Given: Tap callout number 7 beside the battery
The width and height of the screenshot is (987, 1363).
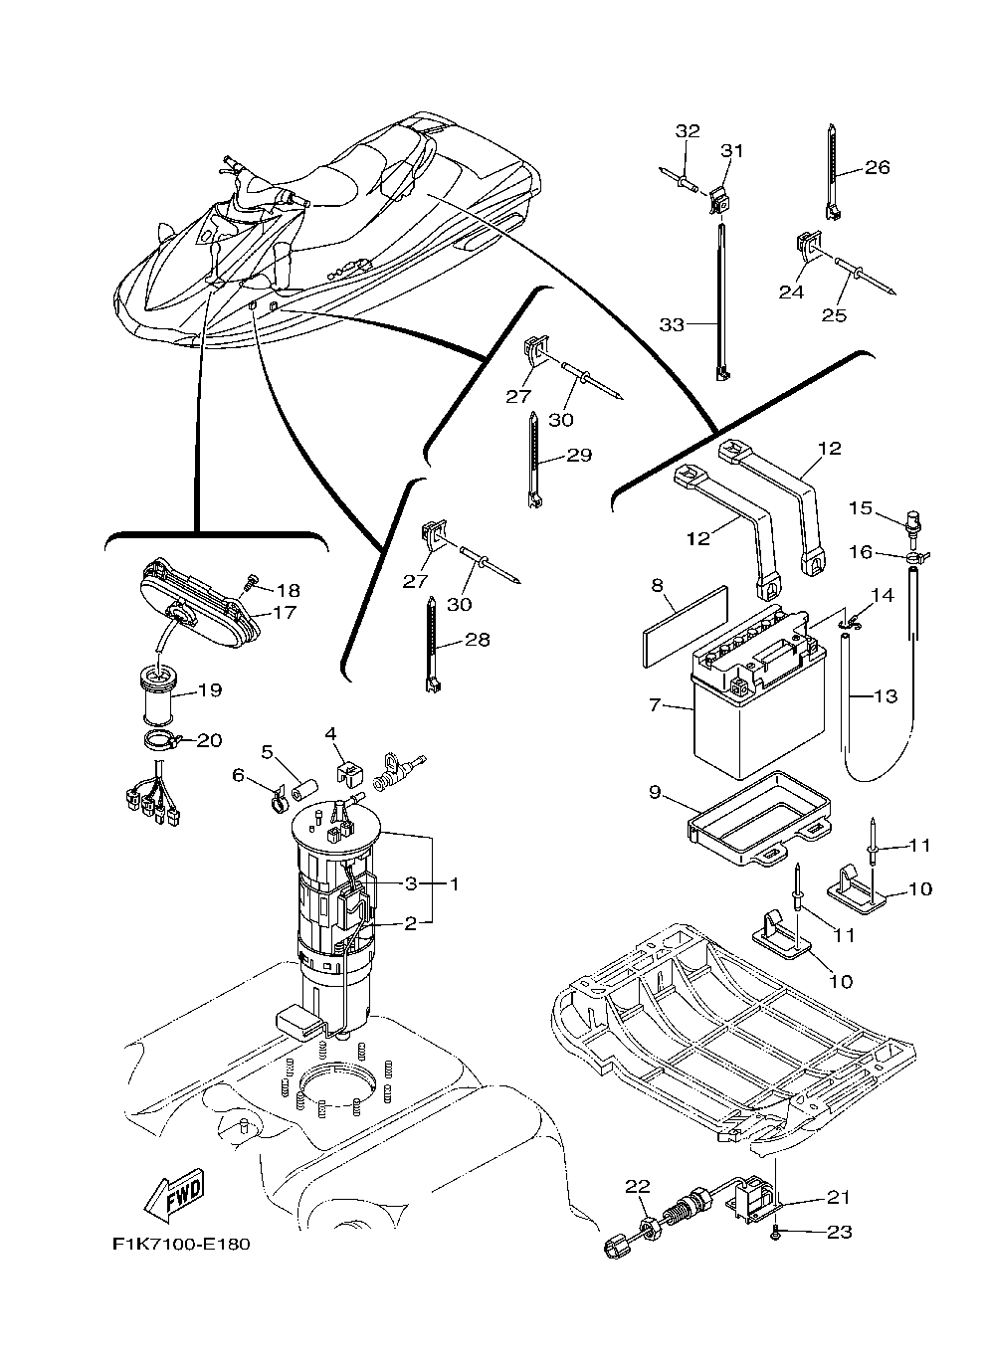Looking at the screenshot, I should [654, 704].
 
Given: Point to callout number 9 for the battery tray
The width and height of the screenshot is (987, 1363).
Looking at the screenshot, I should [654, 793].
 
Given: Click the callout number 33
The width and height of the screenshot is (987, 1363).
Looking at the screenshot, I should [674, 324].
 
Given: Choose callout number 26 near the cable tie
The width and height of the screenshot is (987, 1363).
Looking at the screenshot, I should [877, 167].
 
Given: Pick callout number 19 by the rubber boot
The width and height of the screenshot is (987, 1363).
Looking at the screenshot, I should [209, 689].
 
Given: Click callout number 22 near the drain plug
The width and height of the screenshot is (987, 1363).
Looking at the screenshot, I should [637, 1186].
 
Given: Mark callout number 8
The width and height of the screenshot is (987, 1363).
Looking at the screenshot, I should [657, 586].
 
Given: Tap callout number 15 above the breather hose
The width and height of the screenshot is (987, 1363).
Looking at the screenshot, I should [860, 508].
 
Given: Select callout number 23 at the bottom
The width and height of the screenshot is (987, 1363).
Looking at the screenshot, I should [840, 1232].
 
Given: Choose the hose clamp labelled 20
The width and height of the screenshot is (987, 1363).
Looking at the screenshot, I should [164, 739].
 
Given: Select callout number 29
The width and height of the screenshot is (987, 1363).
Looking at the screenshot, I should [579, 456].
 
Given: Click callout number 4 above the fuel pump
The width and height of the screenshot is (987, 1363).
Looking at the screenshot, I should [330, 733].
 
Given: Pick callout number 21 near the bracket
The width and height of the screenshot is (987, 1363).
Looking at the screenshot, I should [839, 1198].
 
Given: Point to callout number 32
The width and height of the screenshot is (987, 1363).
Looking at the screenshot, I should [688, 130].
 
